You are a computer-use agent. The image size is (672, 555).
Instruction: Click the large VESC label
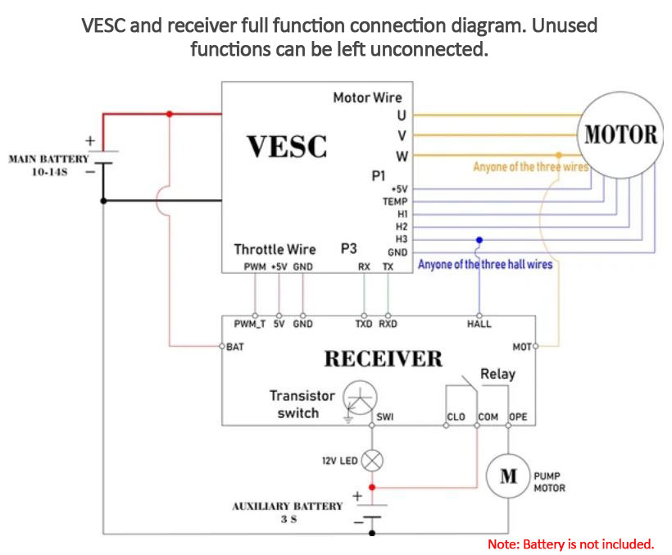287,147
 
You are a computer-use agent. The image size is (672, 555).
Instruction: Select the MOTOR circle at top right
621,134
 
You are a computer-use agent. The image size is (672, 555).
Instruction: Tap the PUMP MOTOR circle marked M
509,475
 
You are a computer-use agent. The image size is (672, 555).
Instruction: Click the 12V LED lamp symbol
372,461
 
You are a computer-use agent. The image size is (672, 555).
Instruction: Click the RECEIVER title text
383,359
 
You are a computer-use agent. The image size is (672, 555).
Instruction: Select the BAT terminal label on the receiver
235,347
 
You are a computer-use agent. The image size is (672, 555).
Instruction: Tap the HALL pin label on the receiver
479,324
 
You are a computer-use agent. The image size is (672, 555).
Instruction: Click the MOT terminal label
521,347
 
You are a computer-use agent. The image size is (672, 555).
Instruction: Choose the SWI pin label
385,417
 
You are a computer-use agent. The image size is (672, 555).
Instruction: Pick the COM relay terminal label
488,417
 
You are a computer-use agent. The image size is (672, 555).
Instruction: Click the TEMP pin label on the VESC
394,202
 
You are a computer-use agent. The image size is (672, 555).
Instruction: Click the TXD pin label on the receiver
363,324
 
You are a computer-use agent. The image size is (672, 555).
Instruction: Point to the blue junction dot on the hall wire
479,240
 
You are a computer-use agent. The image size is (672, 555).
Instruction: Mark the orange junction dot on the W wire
559,155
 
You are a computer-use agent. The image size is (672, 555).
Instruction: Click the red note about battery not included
570,544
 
